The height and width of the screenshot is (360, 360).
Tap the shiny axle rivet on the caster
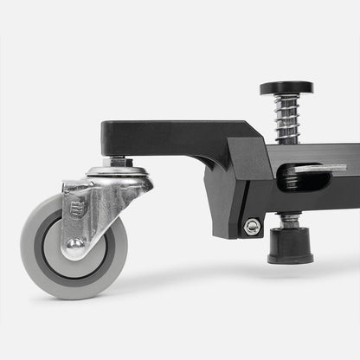[x=76, y=244]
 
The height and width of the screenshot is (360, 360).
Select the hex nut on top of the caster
[x=118, y=162]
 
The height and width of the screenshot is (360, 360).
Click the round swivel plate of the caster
[x=118, y=174]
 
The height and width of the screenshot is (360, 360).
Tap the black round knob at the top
[x=286, y=88]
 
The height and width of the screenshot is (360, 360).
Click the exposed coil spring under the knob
[x=286, y=119]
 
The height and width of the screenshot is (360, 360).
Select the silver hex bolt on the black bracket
[x=252, y=227]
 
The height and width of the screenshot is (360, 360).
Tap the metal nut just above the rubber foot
[x=290, y=222]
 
